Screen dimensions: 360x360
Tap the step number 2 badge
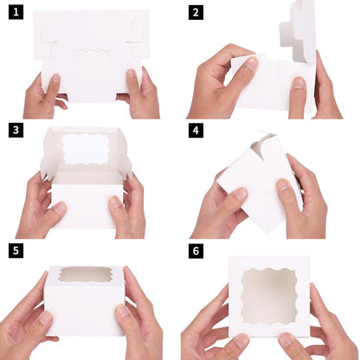(196, 13)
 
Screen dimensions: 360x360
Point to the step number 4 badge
(196, 131)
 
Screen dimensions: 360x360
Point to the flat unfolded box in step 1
(91, 52)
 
